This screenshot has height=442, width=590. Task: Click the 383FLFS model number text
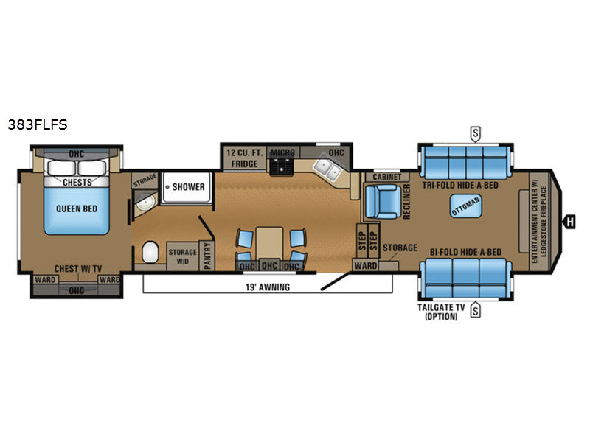coord(38,124)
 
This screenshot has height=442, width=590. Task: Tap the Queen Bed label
coord(77,208)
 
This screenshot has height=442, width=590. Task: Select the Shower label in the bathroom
coord(189,187)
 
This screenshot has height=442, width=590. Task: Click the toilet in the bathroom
coord(150,252)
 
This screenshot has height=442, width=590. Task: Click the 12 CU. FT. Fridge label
coord(245,158)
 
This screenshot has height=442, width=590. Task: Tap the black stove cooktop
coord(281,166)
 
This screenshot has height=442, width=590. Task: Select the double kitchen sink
coord(327,169)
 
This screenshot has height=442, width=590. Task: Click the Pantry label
coord(207,256)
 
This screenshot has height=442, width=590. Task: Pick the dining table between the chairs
coord(269,243)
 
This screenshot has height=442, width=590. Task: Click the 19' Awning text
coord(268,287)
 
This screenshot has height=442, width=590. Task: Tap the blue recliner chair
coord(383,201)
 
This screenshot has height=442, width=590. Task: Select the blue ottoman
coord(466,206)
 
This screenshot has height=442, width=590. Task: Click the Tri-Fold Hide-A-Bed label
coord(460,186)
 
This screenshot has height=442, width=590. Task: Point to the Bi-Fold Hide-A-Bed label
coord(466,252)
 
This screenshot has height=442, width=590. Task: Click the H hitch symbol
coord(570,222)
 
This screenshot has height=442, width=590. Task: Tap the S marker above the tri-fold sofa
coord(476,133)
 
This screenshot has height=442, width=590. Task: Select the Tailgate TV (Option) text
coord(441,312)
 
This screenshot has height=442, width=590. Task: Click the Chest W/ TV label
coord(78,269)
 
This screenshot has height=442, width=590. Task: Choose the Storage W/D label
coord(182,256)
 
